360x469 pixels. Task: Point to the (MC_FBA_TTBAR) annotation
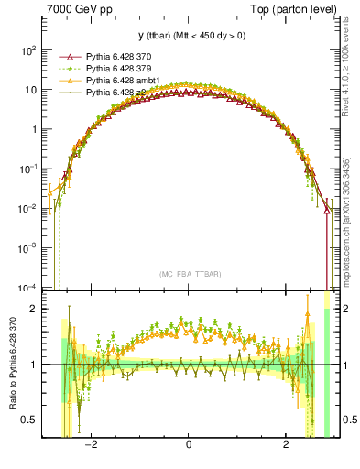tap(188, 274)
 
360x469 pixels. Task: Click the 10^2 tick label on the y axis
tap(27, 51)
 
